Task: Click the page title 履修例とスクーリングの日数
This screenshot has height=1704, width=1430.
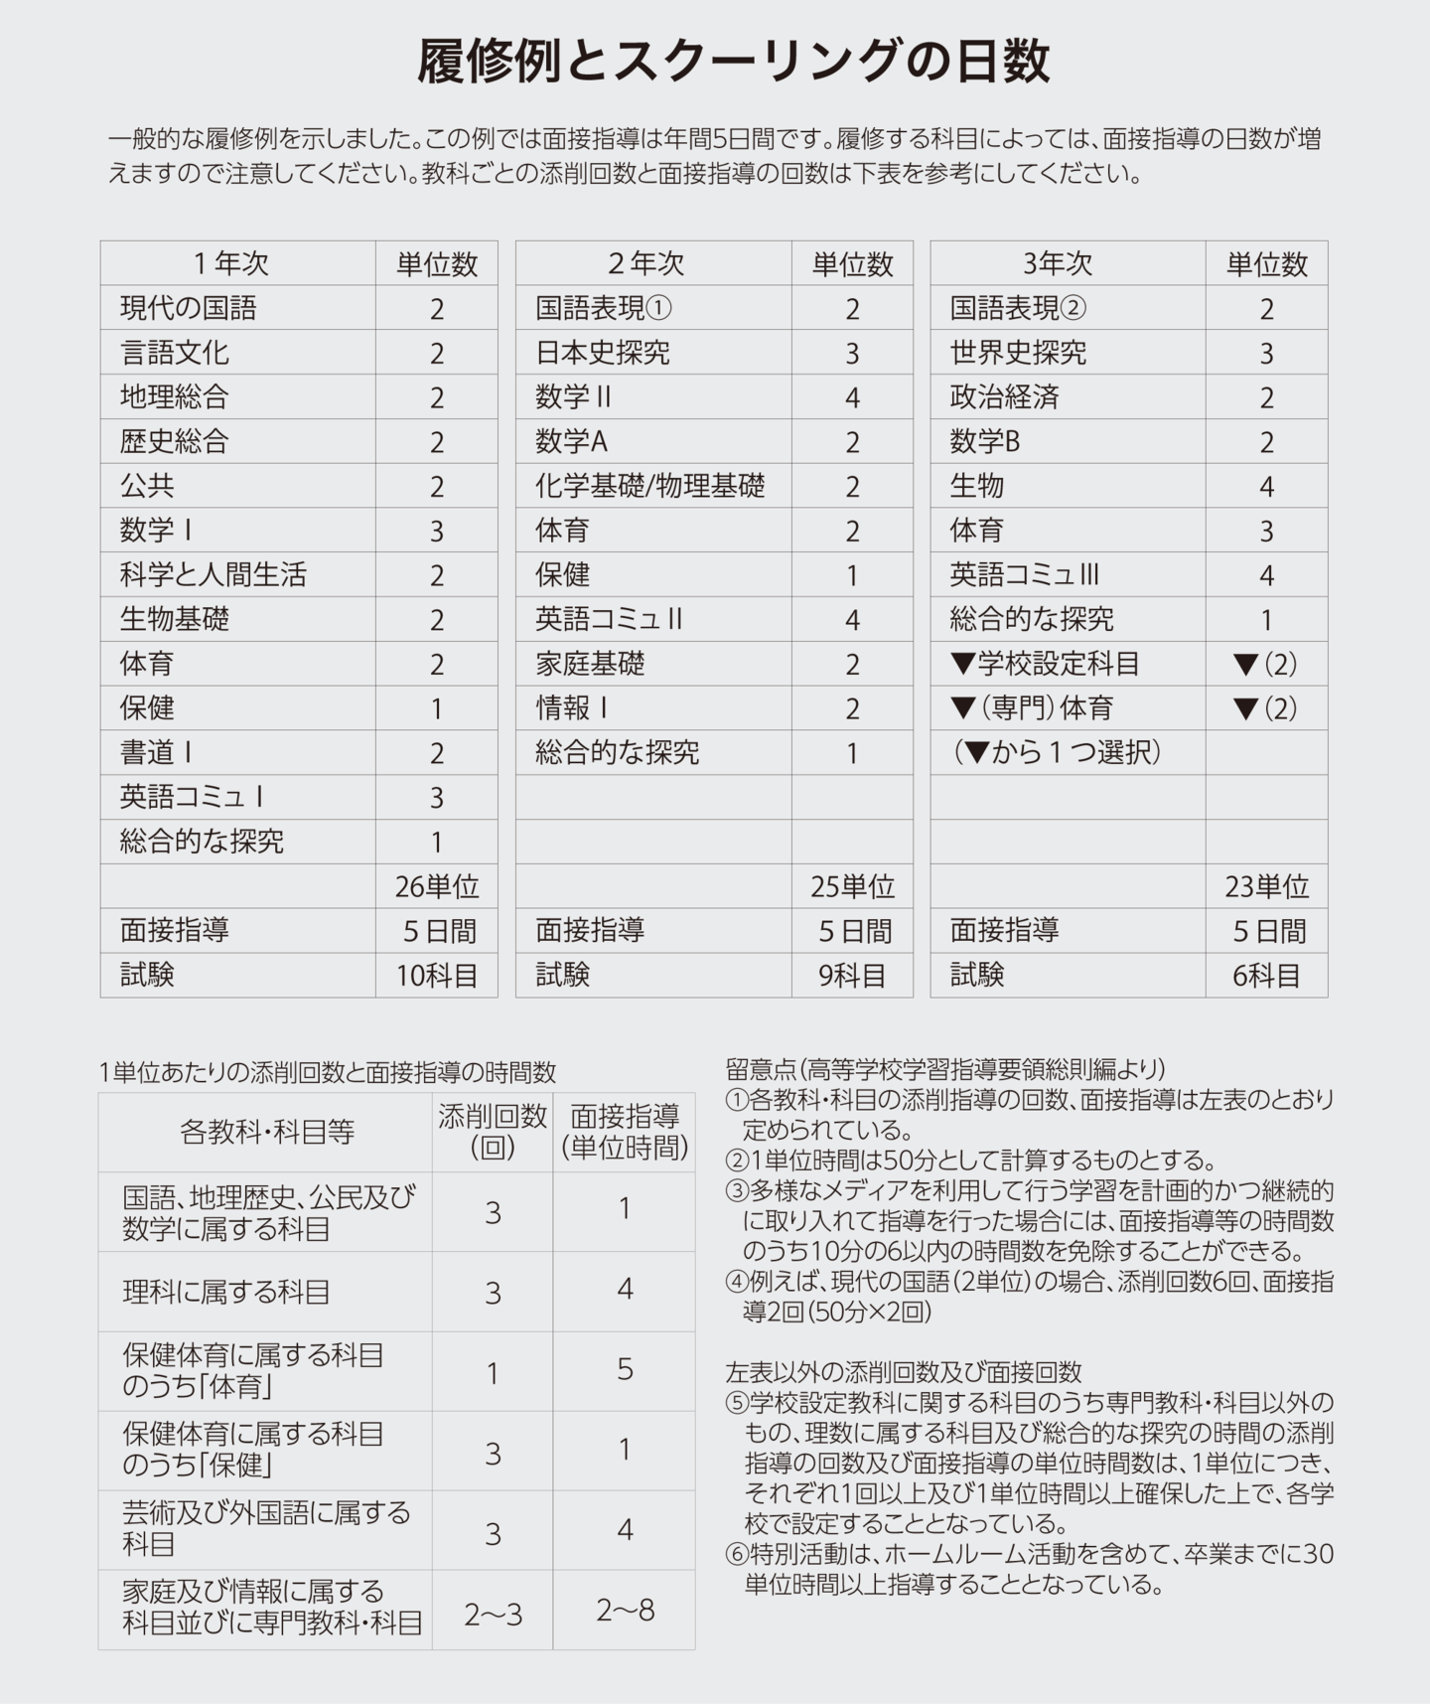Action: tap(733, 62)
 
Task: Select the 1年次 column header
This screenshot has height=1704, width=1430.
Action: tap(230, 263)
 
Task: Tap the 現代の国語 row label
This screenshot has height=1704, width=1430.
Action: tap(188, 308)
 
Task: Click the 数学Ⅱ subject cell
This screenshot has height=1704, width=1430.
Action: tap(573, 397)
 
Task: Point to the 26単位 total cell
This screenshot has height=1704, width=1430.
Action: tap(437, 886)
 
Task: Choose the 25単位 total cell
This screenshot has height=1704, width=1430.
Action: tap(852, 886)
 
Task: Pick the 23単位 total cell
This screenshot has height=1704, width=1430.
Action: tap(1266, 886)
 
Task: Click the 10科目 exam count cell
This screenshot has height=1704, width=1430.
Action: tap(437, 976)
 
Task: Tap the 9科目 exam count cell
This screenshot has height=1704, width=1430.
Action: tap(852, 976)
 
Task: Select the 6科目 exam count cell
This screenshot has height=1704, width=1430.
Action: tap(1266, 976)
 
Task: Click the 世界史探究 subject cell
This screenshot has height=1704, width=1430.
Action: tap(1018, 353)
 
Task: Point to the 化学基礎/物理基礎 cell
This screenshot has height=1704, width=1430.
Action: tap(650, 486)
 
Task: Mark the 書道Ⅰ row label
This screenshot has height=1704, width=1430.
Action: tap(157, 752)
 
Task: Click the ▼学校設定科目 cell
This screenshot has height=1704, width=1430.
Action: tap(1045, 664)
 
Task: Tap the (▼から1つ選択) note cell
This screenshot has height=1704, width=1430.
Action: tap(1057, 752)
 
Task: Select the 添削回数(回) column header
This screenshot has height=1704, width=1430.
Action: tap(493, 1132)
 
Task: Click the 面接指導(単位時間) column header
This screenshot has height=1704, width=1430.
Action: tap(625, 1132)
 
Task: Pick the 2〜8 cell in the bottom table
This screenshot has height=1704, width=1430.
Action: tap(625, 1610)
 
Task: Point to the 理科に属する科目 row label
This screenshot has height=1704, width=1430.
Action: tap(226, 1292)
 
